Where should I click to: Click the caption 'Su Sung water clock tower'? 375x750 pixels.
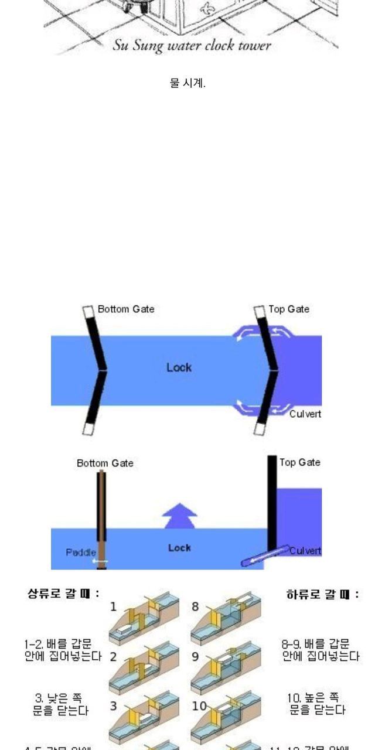(x=192, y=46)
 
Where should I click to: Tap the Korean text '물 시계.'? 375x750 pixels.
(x=187, y=83)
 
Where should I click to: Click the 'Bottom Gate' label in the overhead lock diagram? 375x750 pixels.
(x=126, y=309)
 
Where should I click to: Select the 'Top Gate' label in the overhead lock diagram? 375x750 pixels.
(x=289, y=309)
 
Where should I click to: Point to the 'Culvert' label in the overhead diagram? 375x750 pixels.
(x=305, y=414)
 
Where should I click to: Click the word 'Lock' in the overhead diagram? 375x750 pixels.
(x=179, y=367)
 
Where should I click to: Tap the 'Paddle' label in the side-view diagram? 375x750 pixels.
(x=81, y=552)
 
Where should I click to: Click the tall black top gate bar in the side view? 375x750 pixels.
(x=272, y=501)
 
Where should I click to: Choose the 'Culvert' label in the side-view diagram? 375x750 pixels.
(x=305, y=551)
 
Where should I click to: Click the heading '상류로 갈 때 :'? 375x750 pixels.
(x=63, y=594)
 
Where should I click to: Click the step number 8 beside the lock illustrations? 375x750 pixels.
(x=195, y=606)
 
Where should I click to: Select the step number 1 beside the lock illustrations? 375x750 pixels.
(x=114, y=606)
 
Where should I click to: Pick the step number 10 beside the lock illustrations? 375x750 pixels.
(x=199, y=706)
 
